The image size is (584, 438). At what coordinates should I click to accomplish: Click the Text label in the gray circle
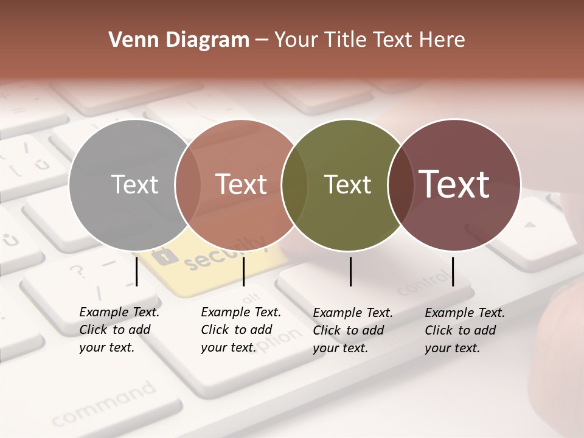click(134, 185)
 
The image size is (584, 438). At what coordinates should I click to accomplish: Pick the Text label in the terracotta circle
click(242, 185)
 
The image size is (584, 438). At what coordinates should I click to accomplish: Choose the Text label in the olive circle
click(347, 185)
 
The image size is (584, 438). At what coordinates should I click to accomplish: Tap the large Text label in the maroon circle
click(454, 184)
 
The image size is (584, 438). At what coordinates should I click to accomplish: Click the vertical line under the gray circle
click(137, 271)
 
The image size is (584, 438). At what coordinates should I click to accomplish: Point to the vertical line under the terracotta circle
click(243, 271)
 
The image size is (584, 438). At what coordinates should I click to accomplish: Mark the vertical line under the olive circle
click(351, 271)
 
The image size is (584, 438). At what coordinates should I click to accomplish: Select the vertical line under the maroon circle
click(453, 271)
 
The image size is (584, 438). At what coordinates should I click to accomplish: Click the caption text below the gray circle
click(119, 330)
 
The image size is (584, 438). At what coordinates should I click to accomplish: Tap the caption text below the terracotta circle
click(240, 330)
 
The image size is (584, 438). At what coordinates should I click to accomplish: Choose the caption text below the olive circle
click(352, 330)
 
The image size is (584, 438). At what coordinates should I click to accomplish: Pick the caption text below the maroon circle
click(464, 330)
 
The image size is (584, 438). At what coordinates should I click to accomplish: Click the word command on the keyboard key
click(103, 404)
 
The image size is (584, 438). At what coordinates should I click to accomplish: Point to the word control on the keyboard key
click(426, 283)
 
